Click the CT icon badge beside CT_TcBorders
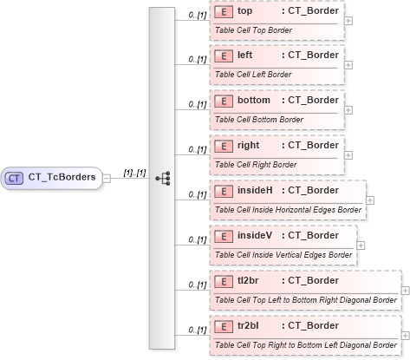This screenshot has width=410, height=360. (14, 177)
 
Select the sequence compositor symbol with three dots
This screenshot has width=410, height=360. (162, 177)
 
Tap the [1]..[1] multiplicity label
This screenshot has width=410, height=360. (133, 172)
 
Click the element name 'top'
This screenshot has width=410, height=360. (245, 11)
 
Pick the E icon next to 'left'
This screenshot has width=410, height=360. (223, 56)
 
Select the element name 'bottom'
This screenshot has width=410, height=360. (253, 101)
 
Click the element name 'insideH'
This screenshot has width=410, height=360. (254, 190)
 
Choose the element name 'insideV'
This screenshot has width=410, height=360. (254, 235)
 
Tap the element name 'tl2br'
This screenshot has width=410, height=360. (250, 280)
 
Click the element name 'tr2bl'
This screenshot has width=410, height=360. (250, 325)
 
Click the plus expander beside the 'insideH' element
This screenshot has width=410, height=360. (370, 199)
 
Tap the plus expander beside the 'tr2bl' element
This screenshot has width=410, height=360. (405, 334)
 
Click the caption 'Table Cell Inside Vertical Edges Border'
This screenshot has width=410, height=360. (283, 255)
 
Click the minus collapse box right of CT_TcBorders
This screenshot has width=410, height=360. (107, 177)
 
